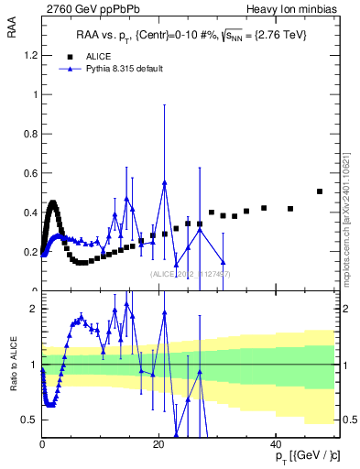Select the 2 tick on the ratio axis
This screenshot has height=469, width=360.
[x=35, y=309]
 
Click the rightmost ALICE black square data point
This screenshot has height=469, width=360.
[x=320, y=191]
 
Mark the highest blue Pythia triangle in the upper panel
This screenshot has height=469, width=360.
[x=165, y=182]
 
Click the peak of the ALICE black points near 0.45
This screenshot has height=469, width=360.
[x=53, y=203]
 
